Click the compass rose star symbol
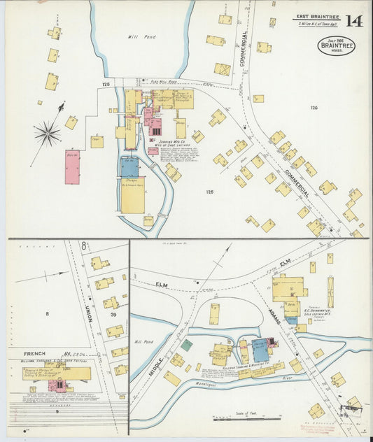pos(48,132)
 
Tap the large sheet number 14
pos(353,21)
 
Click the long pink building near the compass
pos(72,166)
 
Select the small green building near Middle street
pos(186,344)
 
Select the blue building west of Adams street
pos(260,349)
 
